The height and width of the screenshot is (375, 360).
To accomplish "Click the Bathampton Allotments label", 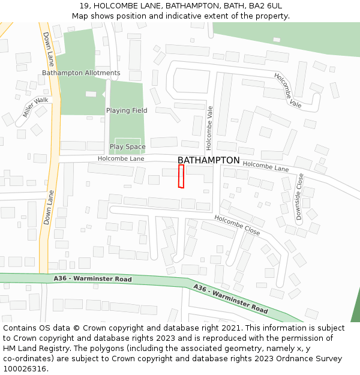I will (x=81, y=73).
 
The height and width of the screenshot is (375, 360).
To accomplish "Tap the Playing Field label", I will (x=127, y=110).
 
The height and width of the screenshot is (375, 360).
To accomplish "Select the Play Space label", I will (x=127, y=146).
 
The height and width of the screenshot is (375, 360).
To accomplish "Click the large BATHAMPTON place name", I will (x=208, y=160).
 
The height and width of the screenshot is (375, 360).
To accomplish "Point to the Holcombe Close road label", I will (x=237, y=225).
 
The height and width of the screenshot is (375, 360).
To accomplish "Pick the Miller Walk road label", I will (x=35, y=107).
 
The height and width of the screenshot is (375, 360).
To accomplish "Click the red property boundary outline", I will (x=181, y=176).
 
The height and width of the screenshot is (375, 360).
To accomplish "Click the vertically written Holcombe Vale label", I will (x=209, y=128).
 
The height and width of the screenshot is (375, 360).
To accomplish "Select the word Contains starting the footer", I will (x=21, y=328).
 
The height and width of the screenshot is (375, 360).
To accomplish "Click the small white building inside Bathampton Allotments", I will (x=91, y=94).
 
